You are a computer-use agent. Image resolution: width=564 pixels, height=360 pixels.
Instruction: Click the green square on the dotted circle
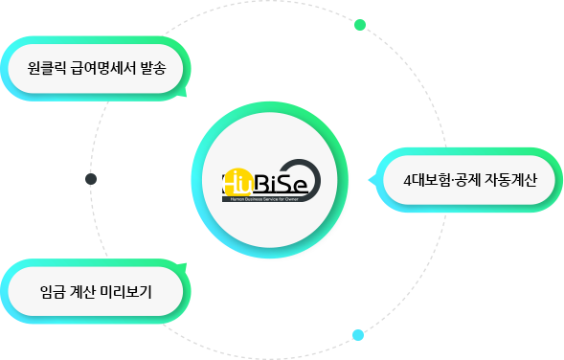(x=360, y=25)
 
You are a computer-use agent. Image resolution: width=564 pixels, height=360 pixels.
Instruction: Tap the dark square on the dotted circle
(x=91, y=179)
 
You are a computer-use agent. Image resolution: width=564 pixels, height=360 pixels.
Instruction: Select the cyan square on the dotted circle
(x=358, y=335)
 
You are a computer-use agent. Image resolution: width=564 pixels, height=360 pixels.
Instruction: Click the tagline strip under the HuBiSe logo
(x=266, y=199)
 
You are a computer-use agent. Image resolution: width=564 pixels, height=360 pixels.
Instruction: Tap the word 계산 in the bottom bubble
(x=85, y=290)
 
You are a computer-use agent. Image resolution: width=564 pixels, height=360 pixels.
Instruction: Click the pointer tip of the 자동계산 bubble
(x=371, y=180)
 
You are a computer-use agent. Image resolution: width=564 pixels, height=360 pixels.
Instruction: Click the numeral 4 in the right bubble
(x=408, y=181)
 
